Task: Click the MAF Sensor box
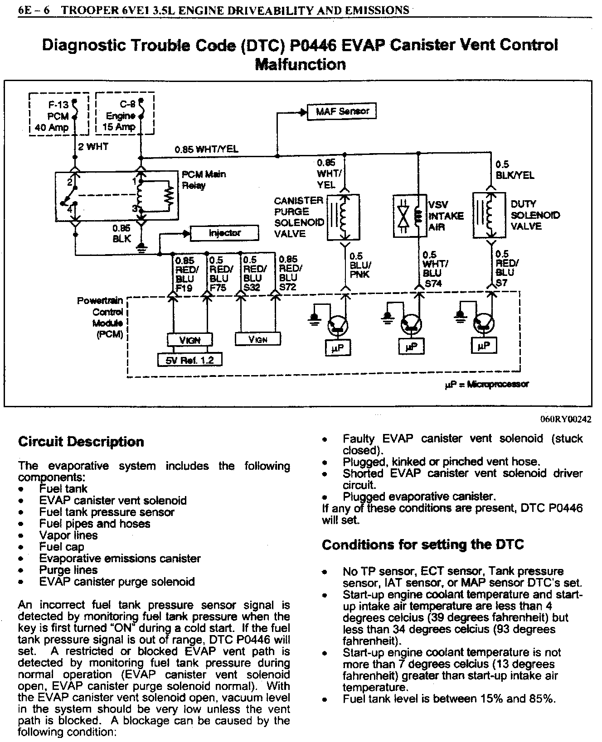[x=342, y=111]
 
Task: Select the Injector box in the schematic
[x=224, y=233]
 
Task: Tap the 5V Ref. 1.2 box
[x=191, y=360]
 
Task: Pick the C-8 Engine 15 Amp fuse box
[x=125, y=114]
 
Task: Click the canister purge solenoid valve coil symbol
[x=343, y=217]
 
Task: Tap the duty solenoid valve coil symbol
[x=489, y=215]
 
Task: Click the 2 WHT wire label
[x=93, y=147]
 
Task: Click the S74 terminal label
[x=433, y=284]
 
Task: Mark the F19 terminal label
[x=184, y=288]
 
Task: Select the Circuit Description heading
[x=81, y=442]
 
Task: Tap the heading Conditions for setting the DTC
[x=422, y=544]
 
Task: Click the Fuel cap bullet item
[x=62, y=547]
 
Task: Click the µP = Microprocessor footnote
[x=486, y=384]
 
